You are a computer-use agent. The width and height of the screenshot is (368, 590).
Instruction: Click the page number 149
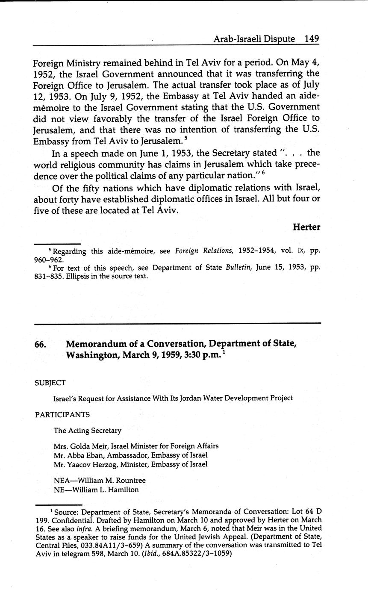point(312,38)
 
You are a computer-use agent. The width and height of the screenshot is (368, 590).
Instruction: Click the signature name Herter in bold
point(306,227)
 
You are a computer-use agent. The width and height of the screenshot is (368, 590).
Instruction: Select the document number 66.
point(41,344)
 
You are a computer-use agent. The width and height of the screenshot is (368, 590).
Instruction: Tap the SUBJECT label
point(50,383)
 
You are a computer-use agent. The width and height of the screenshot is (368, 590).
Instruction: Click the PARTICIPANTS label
point(62,414)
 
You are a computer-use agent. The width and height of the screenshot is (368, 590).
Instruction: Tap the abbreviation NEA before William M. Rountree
point(62,481)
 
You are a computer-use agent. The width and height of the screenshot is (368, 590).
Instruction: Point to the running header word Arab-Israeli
point(236,38)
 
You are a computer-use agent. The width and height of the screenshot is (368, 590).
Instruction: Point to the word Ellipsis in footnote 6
point(73,276)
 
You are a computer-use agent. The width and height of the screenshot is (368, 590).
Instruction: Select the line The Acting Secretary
point(87,431)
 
